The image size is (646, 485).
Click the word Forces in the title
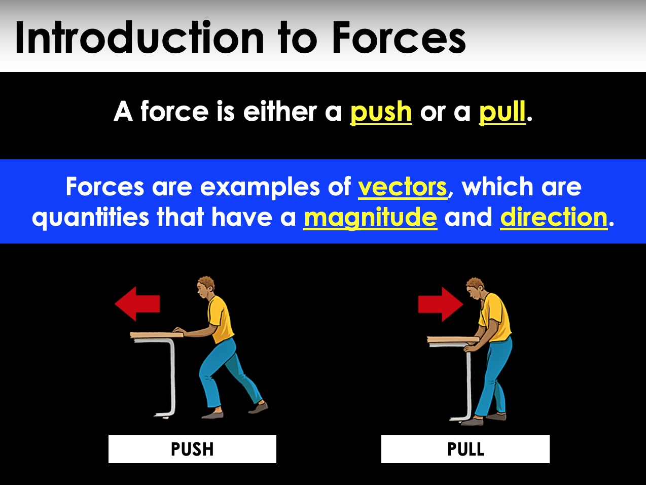pos(399,38)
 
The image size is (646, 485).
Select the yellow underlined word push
pos(381,112)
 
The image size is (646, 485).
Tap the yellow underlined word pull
pos(502,112)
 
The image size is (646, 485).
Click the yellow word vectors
pos(403,187)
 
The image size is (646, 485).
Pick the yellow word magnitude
pos(370,217)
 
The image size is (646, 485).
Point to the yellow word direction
pos(554,217)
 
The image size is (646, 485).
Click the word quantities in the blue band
pos(90,217)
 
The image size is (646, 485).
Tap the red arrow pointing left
pos(137,304)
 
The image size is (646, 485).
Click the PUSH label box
pos(192,449)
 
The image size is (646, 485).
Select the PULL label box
pos(465,449)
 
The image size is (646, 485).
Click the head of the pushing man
pos(206,287)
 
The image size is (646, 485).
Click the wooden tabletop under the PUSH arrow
pos(152,334)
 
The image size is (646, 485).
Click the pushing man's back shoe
pos(259,407)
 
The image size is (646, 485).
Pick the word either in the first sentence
pos(280,112)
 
